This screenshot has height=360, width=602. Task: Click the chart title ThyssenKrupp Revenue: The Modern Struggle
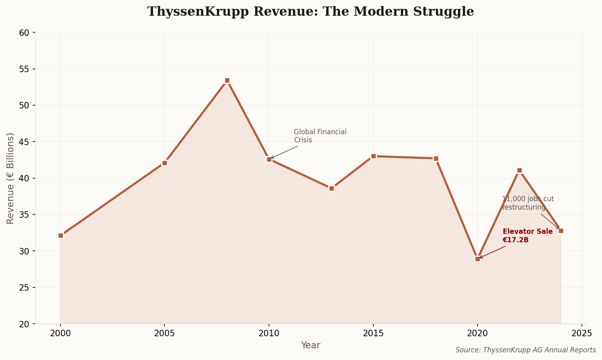[x=310, y=12]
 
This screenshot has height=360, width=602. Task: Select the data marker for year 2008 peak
[x=227, y=81]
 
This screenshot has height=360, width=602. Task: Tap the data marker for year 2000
[x=60, y=235]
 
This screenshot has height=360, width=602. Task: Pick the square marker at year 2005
[x=165, y=163]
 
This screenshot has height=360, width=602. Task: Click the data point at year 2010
[x=269, y=159]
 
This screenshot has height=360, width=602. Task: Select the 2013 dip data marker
[x=331, y=188]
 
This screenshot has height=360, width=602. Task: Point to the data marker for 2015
[x=373, y=156]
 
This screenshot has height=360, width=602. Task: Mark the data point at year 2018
[x=436, y=158]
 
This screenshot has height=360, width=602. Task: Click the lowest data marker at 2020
[x=477, y=259]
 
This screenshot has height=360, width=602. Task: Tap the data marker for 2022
[x=519, y=170]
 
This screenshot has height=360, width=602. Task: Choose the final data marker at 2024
[x=561, y=231]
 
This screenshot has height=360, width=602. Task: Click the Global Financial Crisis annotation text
[x=320, y=136]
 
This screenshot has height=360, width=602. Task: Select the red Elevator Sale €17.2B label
[x=527, y=236]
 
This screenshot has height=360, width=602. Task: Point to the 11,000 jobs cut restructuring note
[x=527, y=203]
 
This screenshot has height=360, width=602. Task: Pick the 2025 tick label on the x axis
[x=581, y=333]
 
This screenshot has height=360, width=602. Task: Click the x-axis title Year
[x=310, y=345]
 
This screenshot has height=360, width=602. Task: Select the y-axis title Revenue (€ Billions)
[x=10, y=178]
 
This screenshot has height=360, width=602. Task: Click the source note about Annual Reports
[x=525, y=350]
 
